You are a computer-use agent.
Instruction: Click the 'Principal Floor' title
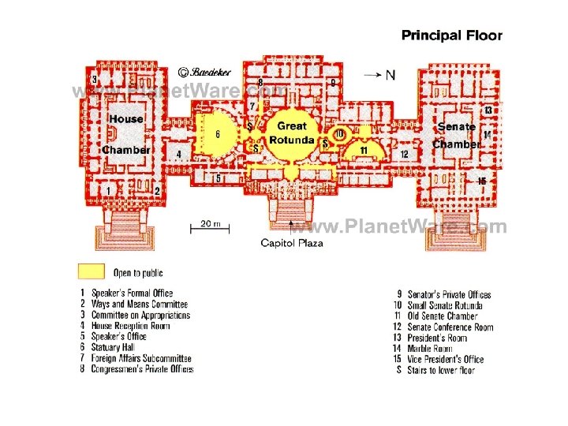451,35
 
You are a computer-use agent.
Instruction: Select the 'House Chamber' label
126,134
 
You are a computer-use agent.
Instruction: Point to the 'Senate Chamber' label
456,135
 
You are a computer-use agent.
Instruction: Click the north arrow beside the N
373,75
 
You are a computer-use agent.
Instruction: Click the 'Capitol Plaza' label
292,243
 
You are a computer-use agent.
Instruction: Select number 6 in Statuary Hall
217,134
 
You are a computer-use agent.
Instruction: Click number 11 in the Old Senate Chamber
364,149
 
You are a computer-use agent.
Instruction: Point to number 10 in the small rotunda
338,135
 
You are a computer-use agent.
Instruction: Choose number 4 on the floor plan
179,155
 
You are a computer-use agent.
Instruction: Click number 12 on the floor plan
404,155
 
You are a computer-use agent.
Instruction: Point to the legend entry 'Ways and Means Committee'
140,305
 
